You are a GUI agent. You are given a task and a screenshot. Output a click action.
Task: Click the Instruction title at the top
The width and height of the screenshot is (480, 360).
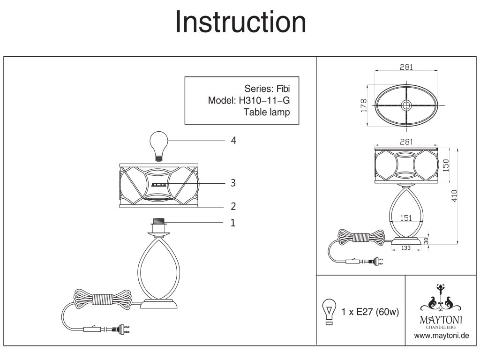240,22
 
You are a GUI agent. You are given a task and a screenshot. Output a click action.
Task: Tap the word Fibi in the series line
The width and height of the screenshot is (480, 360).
286,88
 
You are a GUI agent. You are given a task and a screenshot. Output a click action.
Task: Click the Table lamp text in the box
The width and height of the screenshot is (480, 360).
267,112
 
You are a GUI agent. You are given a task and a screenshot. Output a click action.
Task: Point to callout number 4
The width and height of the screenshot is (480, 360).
233,141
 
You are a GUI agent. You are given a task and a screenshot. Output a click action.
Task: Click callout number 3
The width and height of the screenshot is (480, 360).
233,183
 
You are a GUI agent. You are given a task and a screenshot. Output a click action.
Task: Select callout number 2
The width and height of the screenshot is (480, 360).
233,206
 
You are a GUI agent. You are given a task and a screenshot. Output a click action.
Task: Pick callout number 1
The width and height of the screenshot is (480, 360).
233,223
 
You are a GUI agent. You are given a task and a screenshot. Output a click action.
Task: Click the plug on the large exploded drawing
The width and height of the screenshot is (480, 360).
123,330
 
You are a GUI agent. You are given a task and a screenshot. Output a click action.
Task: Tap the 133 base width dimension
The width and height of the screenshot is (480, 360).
406,249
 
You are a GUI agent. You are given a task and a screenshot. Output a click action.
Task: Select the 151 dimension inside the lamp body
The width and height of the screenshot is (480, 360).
406,217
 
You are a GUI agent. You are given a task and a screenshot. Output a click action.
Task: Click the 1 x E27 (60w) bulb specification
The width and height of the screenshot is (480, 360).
370,312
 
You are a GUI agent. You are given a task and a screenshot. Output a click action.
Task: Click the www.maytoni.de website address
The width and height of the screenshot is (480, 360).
442,337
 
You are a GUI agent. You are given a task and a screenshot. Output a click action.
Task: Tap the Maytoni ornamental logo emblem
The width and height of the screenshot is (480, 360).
440,300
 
